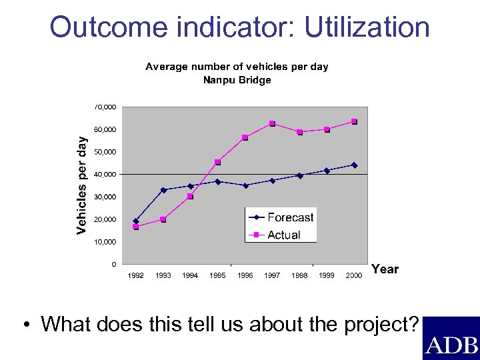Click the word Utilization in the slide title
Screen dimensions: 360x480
pos(367,27)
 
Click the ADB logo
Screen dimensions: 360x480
pos(451,345)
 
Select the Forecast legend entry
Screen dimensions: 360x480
pos(290,217)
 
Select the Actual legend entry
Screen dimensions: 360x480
pos(283,235)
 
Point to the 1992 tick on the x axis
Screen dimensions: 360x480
pos(135,276)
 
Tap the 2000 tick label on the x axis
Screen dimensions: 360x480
pos(354,276)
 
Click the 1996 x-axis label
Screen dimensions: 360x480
pos(245,276)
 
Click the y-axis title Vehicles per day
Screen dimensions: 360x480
pos(81,185)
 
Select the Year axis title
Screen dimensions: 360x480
pos(385,269)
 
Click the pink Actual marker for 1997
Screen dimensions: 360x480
pos(272,123)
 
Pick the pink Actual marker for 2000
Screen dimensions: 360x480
pos(354,121)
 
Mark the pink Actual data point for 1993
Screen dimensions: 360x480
pos(163,219)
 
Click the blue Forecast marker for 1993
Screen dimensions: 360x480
pos(163,190)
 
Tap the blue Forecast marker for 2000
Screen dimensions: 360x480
pos(354,165)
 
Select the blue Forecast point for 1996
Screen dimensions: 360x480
pos(245,185)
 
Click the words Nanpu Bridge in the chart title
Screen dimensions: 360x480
pos(237,80)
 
